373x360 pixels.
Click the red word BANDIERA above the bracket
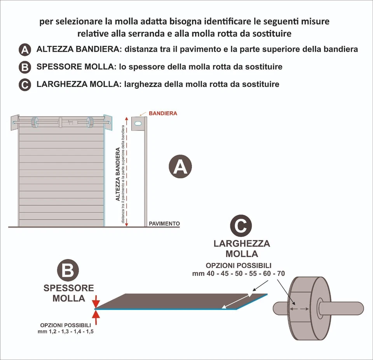point(163,113)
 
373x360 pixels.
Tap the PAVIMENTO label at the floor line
point(164,224)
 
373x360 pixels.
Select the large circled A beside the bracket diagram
point(180,167)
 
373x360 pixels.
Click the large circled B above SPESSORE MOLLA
point(68,271)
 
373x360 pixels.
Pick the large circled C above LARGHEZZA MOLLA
point(241,226)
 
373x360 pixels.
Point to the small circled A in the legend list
point(24,50)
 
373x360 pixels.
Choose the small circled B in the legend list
point(24,68)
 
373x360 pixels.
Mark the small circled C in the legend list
point(24,85)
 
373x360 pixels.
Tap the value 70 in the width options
point(281,274)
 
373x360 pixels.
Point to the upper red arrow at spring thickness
point(96,302)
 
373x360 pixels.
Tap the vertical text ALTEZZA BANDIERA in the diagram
point(118,177)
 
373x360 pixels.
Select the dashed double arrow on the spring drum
point(299,309)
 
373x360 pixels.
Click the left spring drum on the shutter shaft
point(34,122)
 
